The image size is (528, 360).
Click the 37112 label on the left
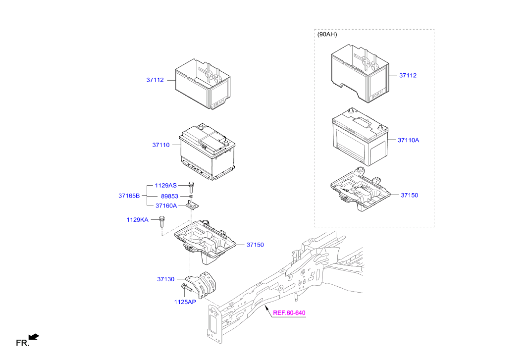(155, 80)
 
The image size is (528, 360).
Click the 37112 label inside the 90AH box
(408, 75)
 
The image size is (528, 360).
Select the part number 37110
(160, 145)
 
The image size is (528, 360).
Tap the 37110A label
(408, 140)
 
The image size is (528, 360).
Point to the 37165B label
(129, 196)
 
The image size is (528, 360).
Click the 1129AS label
(165, 185)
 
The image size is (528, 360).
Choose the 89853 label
(169, 196)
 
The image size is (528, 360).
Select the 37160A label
(166, 206)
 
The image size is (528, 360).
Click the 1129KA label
(137, 219)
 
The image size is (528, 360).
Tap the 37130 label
(165, 279)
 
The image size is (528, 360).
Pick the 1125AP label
(185, 302)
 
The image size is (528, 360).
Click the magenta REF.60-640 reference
(289, 312)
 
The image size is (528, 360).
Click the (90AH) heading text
(327, 35)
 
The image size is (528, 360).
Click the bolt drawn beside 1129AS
(191, 186)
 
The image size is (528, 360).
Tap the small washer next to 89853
(191, 197)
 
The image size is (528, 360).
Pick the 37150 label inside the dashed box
(409, 195)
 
